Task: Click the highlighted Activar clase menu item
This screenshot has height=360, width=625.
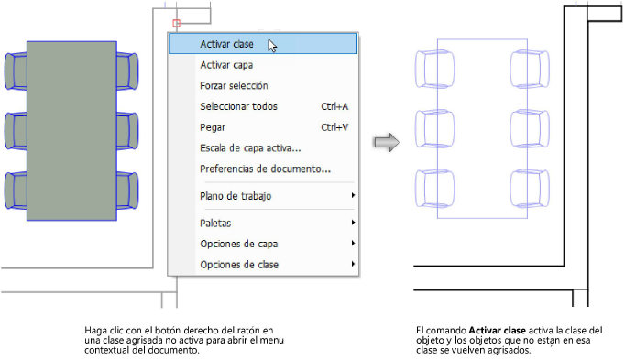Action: (x=226, y=43)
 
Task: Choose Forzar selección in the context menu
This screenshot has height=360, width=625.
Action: (x=234, y=86)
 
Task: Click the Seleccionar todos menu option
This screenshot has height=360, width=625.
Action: (x=238, y=106)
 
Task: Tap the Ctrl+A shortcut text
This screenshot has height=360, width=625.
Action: (x=334, y=106)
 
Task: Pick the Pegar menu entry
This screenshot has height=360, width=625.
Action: (x=213, y=127)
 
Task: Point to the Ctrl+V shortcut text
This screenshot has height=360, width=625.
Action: (x=334, y=127)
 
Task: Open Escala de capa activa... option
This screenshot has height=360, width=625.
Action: (x=250, y=147)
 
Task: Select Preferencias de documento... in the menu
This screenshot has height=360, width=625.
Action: (x=265, y=169)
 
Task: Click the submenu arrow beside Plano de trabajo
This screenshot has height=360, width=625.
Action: (x=352, y=196)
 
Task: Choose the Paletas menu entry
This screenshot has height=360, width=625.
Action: (x=215, y=223)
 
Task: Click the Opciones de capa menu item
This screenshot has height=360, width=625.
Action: (x=238, y=244)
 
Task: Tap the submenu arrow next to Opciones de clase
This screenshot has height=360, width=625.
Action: (x=352, y=265)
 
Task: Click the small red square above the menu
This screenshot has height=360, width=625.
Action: (x=177, y=22)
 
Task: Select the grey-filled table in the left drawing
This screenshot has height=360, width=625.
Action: (x=71, y=130)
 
